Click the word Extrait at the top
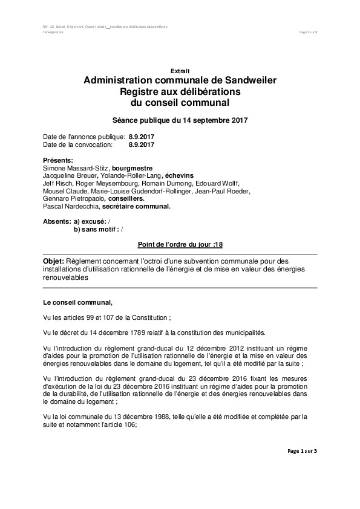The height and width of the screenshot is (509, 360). point(180,71)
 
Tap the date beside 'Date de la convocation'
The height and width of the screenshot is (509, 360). point(142,145)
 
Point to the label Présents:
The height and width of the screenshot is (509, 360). point(59,160)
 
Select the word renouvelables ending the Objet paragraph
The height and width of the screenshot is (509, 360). point(66,279)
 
